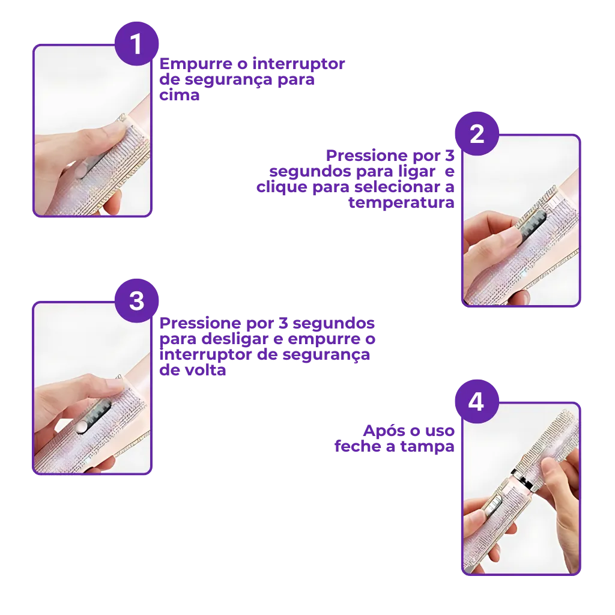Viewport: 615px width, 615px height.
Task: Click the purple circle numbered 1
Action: pyautogui.click(x=136, y=43)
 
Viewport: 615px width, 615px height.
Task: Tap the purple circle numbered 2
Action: pyautogui.click(x=477, y=134)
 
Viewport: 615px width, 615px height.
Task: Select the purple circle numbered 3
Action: pyautogui.click(x=136, y=301)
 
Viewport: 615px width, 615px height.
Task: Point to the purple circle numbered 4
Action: pyautogui.click(x=477, y=402)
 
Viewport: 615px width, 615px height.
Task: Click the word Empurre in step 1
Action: pyautogui.click(x=196, y=64)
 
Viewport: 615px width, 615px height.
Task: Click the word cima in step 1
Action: pyautogui.click(x=179, y=95)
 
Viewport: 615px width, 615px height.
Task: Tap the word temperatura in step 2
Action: pyautogui.click(x=401, y=202)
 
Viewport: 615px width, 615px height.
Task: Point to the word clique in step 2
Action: pyautogui.click(x=282, y=187)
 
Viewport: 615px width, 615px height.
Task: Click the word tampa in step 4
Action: pyautogui.click(x=427, y=447)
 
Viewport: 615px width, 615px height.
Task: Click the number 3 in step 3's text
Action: pyautogui.click(x=283, y=323)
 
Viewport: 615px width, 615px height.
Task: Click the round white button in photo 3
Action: pyautogui.click(x=81, y=427)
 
